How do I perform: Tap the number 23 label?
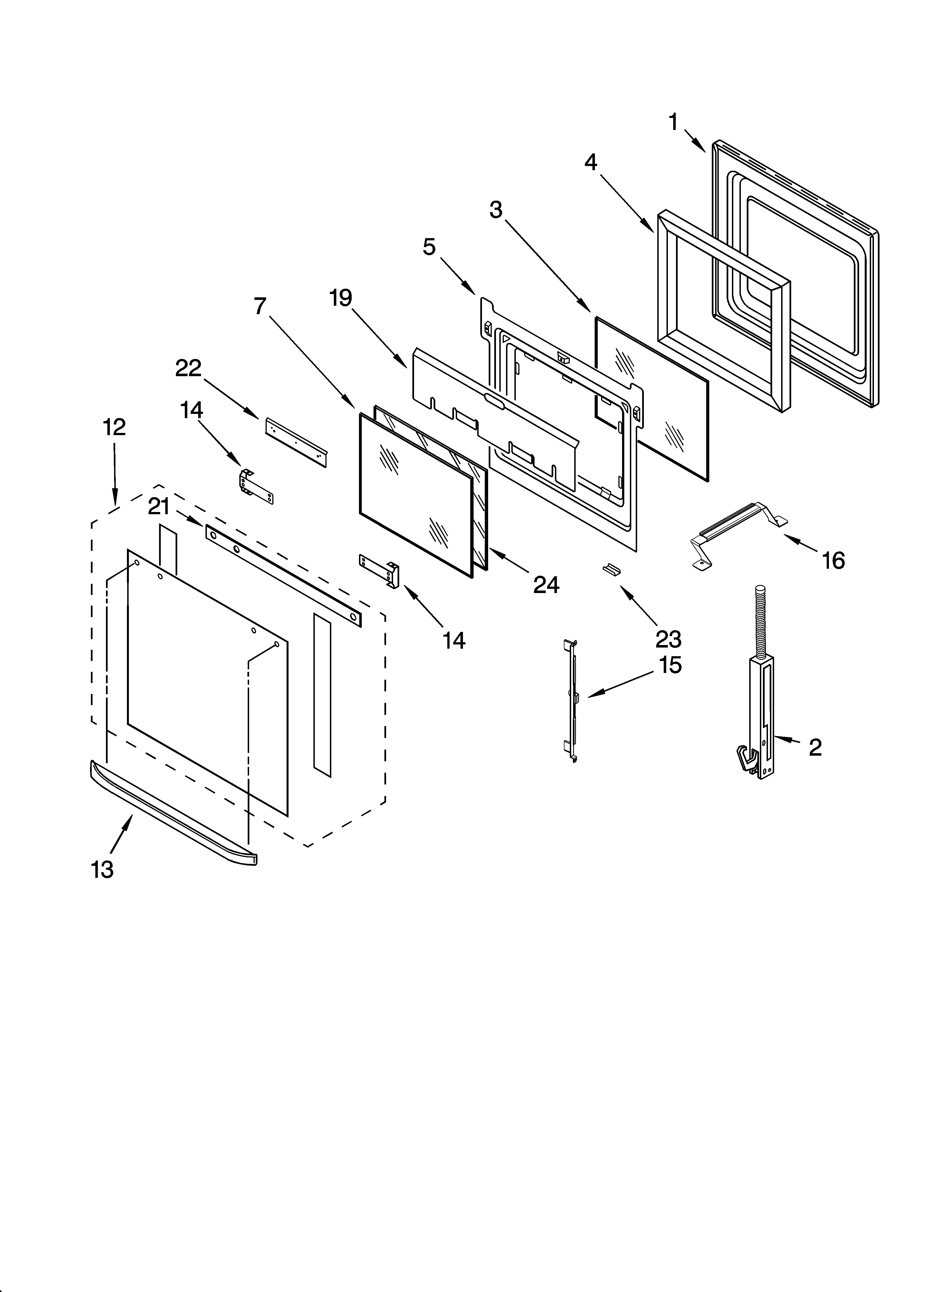coord(668,639)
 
